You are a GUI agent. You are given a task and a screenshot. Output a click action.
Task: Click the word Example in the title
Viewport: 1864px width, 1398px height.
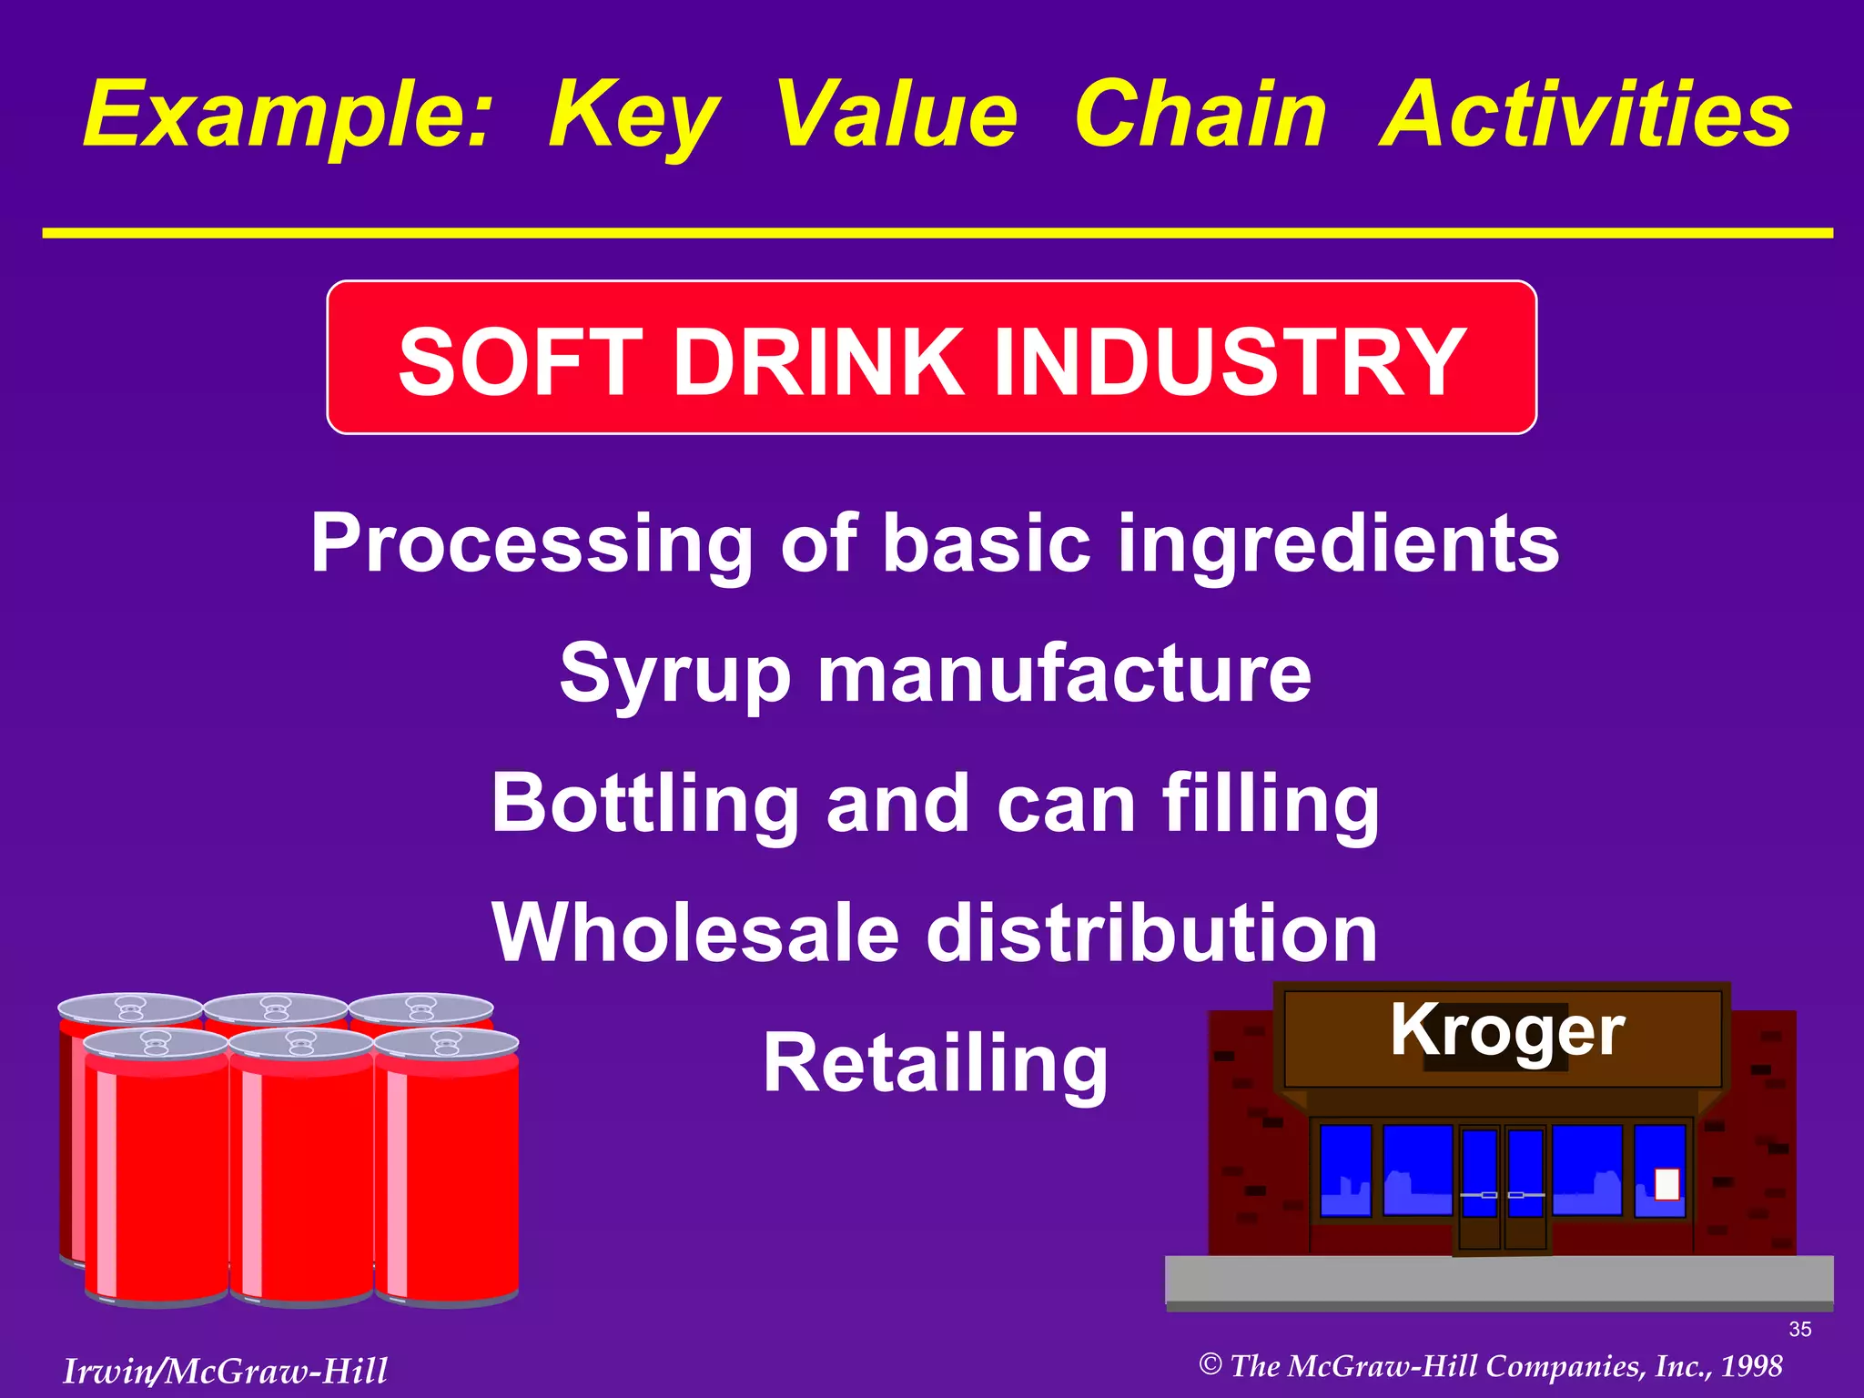287,116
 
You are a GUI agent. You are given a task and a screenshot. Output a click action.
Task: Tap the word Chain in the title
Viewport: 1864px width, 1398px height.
1200,116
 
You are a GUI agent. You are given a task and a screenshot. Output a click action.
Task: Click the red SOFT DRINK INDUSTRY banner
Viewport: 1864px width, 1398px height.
932,358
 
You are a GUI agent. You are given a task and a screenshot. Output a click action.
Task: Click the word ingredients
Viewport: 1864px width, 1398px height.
1338,543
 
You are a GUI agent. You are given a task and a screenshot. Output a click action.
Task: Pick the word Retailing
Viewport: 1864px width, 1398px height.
936,1063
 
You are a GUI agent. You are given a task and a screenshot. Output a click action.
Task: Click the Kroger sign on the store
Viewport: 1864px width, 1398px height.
1506,1031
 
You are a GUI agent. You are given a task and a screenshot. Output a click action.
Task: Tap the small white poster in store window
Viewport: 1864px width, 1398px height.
1666,1184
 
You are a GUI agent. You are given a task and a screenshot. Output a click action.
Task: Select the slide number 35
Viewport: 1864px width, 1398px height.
1799,1330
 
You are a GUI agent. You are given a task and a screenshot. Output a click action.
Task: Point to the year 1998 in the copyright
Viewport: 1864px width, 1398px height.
1751,1366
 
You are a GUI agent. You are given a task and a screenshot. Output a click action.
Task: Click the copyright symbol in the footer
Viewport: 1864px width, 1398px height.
1210,1364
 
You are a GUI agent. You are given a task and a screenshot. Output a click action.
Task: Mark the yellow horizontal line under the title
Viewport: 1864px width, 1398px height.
937,234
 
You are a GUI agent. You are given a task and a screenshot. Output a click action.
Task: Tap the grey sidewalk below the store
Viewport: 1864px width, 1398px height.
1499,1281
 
